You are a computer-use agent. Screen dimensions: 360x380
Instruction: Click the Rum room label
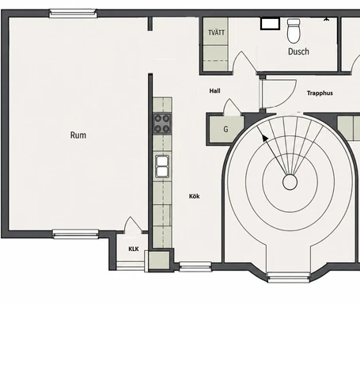[78, 135]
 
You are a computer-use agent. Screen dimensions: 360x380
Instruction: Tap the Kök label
[195, 196]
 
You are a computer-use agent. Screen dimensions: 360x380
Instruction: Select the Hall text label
[214, 91]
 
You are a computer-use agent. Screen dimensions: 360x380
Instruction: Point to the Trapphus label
[320, 93]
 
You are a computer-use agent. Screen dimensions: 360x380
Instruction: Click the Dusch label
[298, 51]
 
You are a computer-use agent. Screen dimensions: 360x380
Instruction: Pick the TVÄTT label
[216, 32]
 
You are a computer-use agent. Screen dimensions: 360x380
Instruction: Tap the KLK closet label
[134, 249]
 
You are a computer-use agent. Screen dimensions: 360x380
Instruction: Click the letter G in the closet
[225, 129]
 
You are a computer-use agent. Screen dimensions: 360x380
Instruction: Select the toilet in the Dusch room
[294, 31]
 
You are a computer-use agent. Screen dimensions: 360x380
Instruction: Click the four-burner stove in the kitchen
[162, 124]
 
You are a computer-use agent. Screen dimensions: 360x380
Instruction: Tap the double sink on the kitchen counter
[162, 166]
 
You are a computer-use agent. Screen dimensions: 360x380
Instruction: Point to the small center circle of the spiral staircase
[290, 182]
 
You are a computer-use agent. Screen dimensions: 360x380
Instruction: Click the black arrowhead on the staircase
[264, 138]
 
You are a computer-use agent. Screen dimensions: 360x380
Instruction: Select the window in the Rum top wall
[73, 13]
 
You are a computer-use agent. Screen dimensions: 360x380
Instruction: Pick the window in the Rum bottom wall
[75, 234]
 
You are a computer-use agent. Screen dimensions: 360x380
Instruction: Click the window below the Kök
[195, 267]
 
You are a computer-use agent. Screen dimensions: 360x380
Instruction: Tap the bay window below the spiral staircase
[289, 278]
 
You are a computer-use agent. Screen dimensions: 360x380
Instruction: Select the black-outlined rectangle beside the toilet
[270, 24]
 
